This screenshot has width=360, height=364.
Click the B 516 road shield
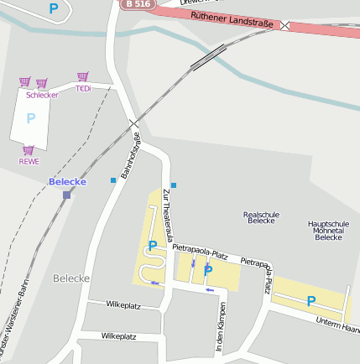(x=138, y=4)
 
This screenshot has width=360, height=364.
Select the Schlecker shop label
(x=42, y=95)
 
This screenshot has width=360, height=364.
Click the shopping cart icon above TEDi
(x=82, y=77)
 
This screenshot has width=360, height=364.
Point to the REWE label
(x=29, y=161)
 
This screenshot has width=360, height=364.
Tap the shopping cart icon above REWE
(x=29, y=150)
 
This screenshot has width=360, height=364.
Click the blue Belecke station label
(x=67, y=182)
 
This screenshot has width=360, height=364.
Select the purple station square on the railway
(x=66, y=195)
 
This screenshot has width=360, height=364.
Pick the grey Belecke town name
(x=70, y=278)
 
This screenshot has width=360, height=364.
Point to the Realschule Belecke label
(x=261, y=217)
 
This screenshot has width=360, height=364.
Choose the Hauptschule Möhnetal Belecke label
(x=328, y=231)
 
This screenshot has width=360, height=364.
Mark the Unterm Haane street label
(x=337, y=325)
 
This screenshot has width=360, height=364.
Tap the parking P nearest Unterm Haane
(x=310, y=301)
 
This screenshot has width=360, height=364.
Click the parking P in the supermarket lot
(x=31, y=118)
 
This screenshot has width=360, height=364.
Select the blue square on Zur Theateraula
(x=174, y=185)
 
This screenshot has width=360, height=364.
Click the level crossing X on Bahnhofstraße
(x=134, y=125)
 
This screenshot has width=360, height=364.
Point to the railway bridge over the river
(x=207, y=56)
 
